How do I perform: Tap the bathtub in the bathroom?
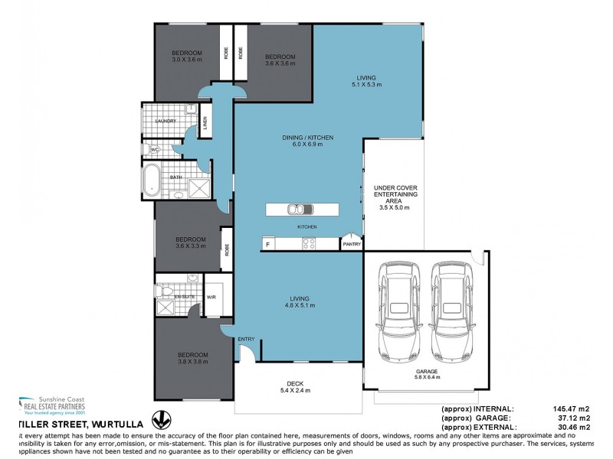(x=150, y=184)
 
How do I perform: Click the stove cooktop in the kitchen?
(x=310, y=244)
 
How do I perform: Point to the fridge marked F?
(x=267, y=244)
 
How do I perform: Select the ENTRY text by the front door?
(x=246, y=339)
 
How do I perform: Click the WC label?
(x=154, y=150)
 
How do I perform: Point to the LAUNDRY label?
(x=166, y=121)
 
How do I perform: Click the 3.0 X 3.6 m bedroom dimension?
(x=185, y=60)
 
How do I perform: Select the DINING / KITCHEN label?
(x=307, y=138)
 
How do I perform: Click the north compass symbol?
(x=161, y=419)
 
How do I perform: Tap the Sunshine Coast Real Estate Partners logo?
(x=52, y=405)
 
